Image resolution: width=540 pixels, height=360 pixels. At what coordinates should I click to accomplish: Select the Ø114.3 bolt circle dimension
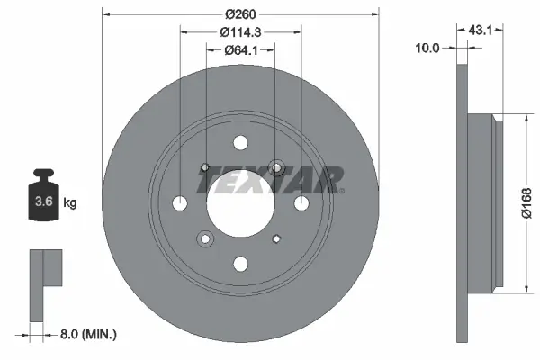tap(239, 32)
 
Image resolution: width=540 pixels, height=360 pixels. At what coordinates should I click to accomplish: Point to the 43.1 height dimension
tap(479, 29)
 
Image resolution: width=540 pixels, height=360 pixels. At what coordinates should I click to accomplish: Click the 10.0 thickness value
tap(427, 48)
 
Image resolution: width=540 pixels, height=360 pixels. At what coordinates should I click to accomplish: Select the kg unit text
tap(70, 203)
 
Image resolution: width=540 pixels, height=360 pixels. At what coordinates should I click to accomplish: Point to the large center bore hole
tap(239, 202)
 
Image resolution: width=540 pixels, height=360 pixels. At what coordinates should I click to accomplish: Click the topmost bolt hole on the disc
tap(240, 142)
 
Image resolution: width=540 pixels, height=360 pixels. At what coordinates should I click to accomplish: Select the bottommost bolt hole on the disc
tap(240, 264)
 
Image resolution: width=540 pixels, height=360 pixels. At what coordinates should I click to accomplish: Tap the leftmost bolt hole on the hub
tap(179, 202)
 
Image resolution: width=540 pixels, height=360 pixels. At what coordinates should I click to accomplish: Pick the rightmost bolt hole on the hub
tap(301, 202)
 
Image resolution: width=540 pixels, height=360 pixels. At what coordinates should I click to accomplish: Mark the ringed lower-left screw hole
tap(205, 238)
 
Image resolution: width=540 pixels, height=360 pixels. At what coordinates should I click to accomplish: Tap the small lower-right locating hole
tap(274, 238)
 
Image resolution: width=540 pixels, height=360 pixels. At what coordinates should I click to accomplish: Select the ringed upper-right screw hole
tap(275, 167)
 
